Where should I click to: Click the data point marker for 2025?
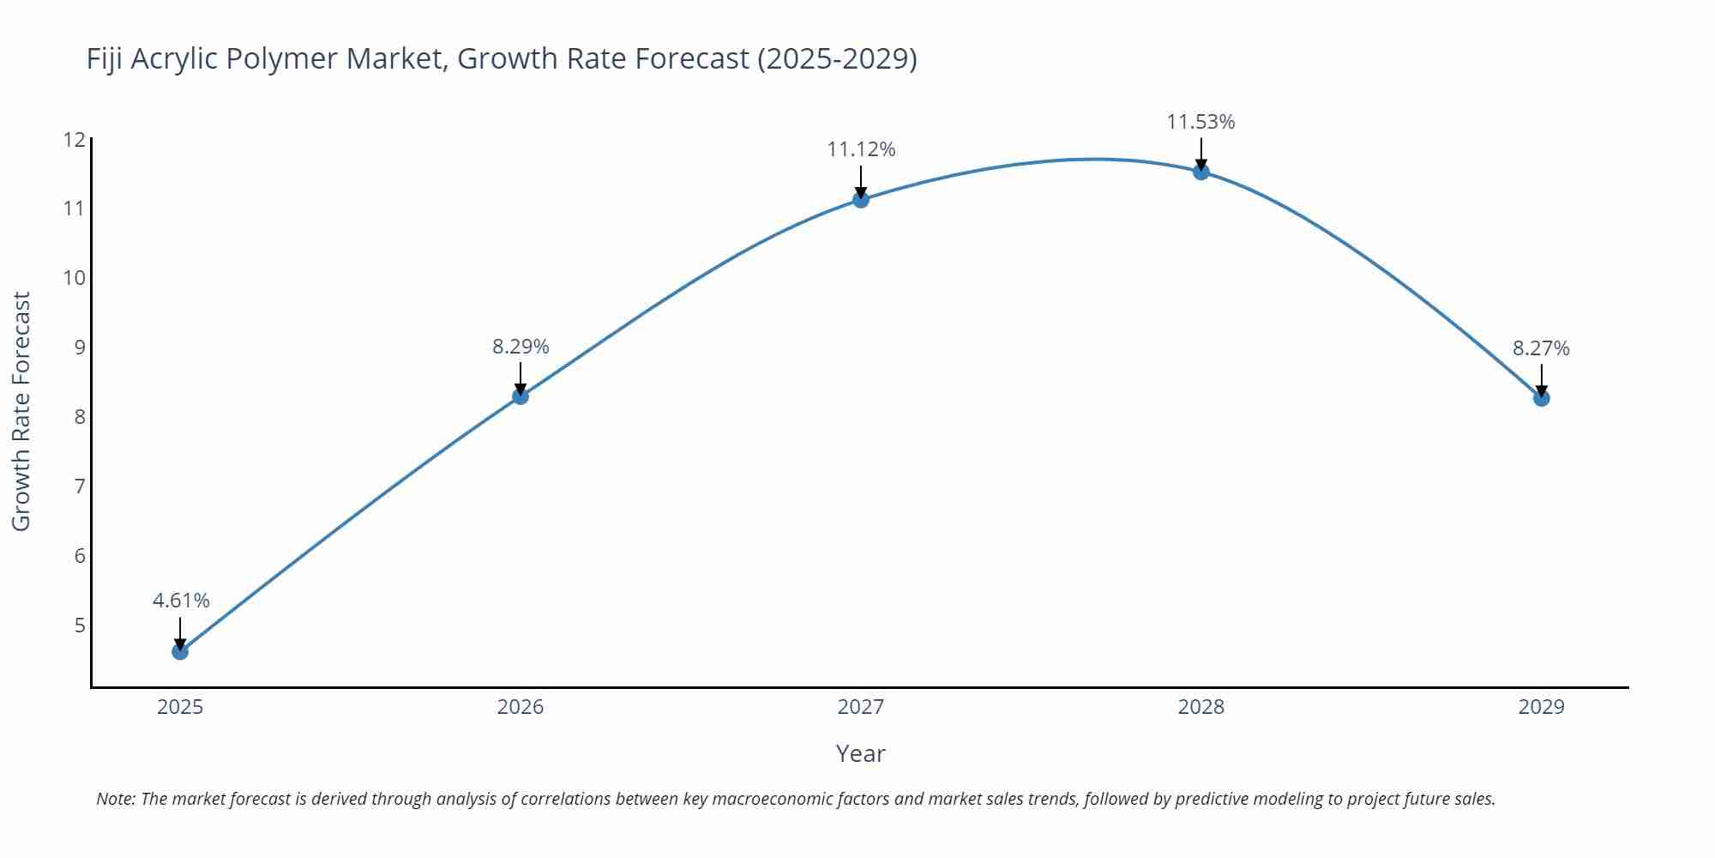(180, 651)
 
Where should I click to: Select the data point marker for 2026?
(521, 396)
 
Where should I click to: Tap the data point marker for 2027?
(861, 199)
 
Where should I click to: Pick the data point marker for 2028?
(1201, 171)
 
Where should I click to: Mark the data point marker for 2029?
(1541, 397)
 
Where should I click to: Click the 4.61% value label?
(181, 601)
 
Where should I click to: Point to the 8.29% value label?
(521, 347)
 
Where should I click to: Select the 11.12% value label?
(861, 149)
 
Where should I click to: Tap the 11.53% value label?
(1200, 122)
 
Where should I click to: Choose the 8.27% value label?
(1541, 348)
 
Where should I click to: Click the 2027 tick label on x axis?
(861, 707)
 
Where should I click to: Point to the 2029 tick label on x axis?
(1541, 707)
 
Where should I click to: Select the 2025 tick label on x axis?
(180, 707)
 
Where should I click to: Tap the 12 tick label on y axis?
(75, 139)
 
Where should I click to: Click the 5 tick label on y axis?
(80, 625)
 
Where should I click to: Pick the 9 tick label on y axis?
(80, 347)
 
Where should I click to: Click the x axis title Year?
(860, 753)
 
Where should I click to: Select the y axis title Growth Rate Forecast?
(21, 411)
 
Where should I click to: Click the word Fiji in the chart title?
(105, 58)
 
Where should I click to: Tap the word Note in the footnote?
(114, 799)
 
